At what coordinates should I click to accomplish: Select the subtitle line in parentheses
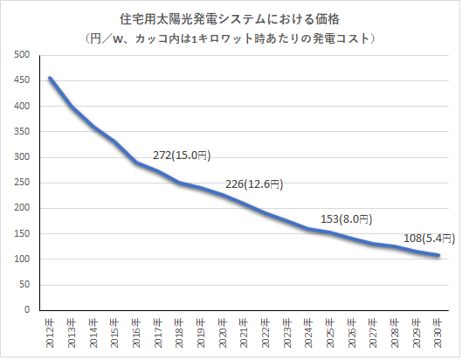(x=231, y=38)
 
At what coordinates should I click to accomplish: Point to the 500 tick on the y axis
(x=24, y=55)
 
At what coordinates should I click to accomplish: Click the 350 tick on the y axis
(x=24, y=132)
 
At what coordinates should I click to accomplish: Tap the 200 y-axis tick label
(x=24, y=208)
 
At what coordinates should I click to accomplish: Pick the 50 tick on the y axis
(x=26, y=285)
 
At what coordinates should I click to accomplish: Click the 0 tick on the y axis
(x=29, y=310)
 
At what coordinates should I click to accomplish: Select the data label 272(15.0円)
(x=182, y=155)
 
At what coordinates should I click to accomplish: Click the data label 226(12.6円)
(x=255, y=184)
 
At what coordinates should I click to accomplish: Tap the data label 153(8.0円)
(x=346, y=219)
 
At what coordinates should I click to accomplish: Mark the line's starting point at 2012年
(x=50, y=78)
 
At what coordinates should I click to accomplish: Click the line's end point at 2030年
(x=438, y=255)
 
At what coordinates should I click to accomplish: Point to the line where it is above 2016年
(x=136, y=163)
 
